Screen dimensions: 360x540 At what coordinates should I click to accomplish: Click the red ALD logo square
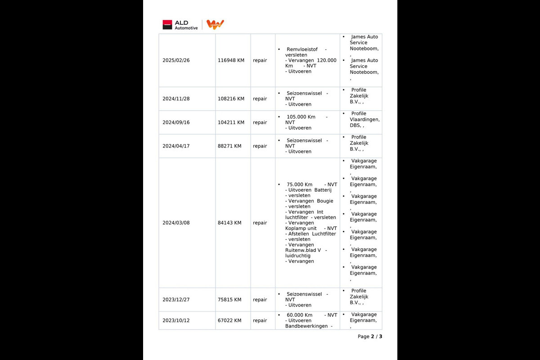(167, 25)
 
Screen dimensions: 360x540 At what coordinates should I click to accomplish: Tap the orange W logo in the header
(215, 25)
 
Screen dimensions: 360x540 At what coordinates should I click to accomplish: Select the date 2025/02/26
(176, 60)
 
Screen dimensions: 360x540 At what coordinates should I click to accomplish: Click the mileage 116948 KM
(231, 60)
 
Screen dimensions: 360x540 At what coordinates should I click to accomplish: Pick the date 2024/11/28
(176, 99)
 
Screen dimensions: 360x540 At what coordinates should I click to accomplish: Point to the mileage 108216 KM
(231, 99)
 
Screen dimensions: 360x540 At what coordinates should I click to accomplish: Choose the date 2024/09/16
(176, 122)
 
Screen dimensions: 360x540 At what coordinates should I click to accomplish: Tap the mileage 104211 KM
(231, 122)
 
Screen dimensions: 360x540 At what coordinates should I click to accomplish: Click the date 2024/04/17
(176, 146)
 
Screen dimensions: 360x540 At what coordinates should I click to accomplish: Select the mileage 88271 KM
(229, 146)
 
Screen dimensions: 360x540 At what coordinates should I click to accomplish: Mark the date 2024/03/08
(176, 223)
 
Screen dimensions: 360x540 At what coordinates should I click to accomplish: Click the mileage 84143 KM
(229, 223)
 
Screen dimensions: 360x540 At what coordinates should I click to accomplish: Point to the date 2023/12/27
(176, 300)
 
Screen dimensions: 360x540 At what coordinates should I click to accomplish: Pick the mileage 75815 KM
(229, 300)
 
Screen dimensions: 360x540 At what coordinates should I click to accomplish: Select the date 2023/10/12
(176, 321)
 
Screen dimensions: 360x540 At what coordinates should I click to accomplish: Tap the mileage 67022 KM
(229, 321)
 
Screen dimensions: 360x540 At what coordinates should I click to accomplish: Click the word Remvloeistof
(302, 49)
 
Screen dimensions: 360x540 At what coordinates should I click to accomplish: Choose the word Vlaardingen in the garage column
(364, 120)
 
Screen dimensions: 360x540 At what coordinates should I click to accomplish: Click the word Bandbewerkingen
(306, 326)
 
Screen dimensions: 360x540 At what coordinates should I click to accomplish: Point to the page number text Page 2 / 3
(370, 337)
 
